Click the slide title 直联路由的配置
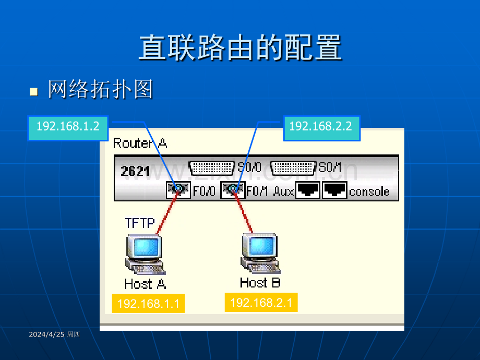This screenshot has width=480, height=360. point(241,47)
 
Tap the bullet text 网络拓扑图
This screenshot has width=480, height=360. point(100,89)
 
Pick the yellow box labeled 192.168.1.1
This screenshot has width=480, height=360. point(149,303)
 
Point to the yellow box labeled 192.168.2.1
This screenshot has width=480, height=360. point(261,303)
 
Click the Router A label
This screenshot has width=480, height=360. point(140,143)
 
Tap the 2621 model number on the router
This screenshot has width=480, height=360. point(135,171)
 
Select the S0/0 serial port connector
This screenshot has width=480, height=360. point(211,168)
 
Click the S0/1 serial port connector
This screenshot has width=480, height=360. point(293,168)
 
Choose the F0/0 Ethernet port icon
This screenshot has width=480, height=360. point(178,190)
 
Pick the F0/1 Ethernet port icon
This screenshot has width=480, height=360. point(233,190)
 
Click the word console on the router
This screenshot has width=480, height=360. point(369,192)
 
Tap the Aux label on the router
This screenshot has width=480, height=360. point(283,191)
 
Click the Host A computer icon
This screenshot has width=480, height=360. point(145,255)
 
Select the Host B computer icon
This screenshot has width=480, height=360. point(260,254)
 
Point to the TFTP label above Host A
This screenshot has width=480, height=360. point(140,223)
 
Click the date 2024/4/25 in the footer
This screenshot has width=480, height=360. point(46,334)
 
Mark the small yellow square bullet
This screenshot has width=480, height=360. point(34,92)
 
